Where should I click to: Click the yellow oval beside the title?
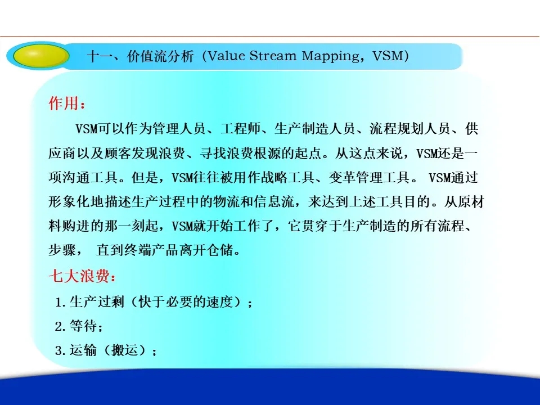[40, 55]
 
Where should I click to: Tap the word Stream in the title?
[273, 56]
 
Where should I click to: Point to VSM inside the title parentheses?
[388, 56]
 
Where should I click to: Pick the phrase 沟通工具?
[89, 178]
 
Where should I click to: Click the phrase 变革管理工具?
[369, 178]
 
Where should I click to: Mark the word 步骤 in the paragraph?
[62, 250]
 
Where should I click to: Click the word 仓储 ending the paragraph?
[220, 250]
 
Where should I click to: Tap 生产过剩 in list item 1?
[97, 302]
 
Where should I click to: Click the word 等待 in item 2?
[83, 326]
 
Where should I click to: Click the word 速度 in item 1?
[219, 302]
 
